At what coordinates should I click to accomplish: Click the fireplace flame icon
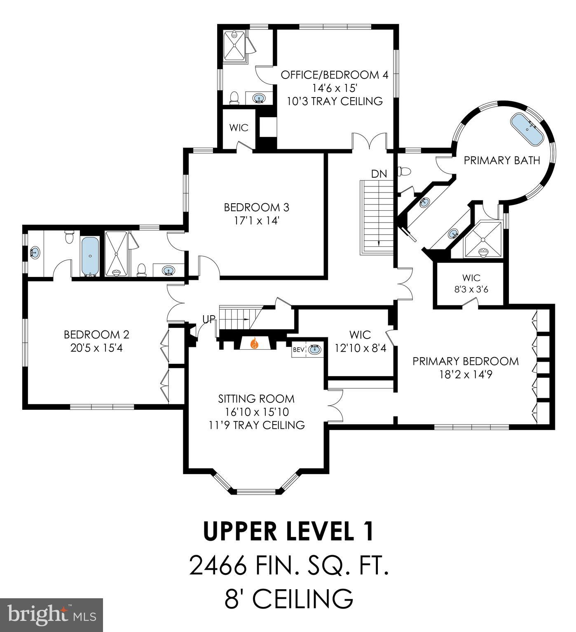tap(255, 343)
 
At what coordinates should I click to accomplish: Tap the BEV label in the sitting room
tap(299, 350)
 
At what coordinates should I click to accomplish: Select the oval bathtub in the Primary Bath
tap(527, 129)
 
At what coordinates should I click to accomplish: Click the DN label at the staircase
tap(379, 174)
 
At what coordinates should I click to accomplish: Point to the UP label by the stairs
tap(209, 319)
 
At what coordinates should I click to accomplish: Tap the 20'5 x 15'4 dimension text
tap(96, 348)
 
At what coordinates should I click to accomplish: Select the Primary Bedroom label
tap(466, 361)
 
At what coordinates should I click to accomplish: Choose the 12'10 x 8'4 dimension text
tap(360, 348)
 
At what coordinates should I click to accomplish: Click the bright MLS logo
tap(52, 615)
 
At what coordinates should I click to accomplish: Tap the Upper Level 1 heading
tap(289, 531)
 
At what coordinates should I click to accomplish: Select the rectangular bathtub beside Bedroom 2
tap(90, 256)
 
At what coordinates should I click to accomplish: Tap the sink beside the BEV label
tap(315, 350)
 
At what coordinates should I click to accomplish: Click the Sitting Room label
tap(256, 398)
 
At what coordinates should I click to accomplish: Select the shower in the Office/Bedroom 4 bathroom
tap(234, 46)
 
